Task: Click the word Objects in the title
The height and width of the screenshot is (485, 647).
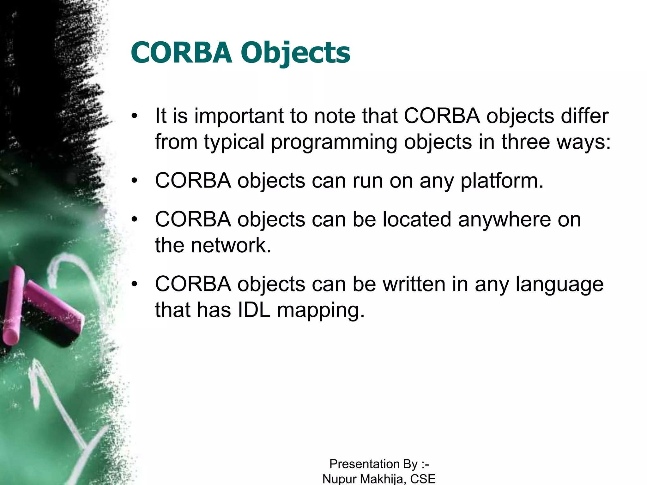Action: [295, 53]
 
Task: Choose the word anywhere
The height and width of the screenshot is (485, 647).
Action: [504, 219]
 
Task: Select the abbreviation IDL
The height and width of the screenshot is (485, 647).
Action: [254, 310]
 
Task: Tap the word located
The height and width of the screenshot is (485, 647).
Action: [417, 219]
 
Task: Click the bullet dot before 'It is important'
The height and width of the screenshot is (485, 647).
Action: [135, 116]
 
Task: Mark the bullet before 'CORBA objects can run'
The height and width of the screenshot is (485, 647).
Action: [135, 181]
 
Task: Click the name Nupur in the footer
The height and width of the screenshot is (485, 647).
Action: [339, 479]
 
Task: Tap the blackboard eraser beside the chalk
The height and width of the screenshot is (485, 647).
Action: [52, 316]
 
